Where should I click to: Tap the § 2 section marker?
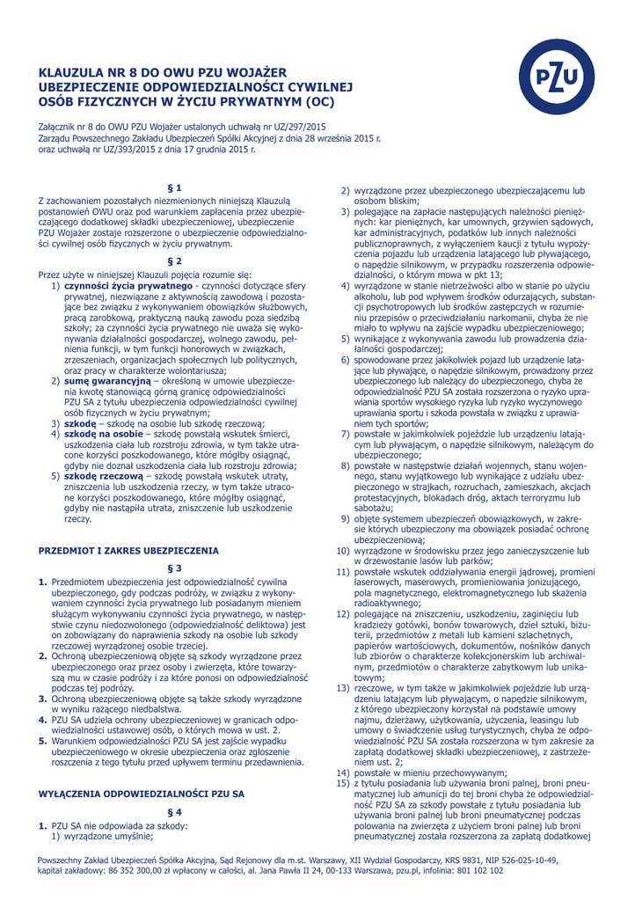[x=175, y=261]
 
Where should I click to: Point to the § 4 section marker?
[x=175, y=812]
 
